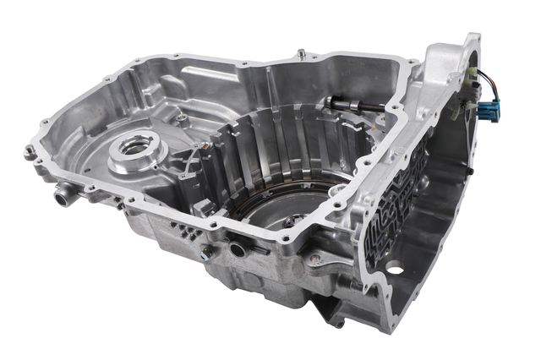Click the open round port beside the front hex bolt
[238, 249]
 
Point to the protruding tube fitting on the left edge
[62, 199]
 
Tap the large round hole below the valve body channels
[394, 269]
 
